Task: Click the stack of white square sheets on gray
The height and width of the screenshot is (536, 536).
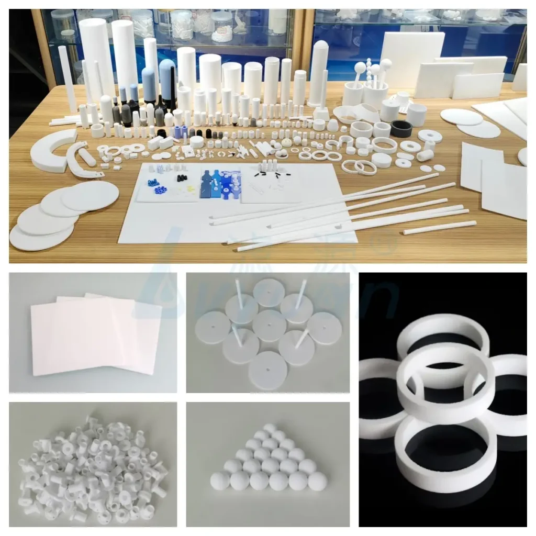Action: tap(94, 335)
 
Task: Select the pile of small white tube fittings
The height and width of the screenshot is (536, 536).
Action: tap(92, 466)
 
